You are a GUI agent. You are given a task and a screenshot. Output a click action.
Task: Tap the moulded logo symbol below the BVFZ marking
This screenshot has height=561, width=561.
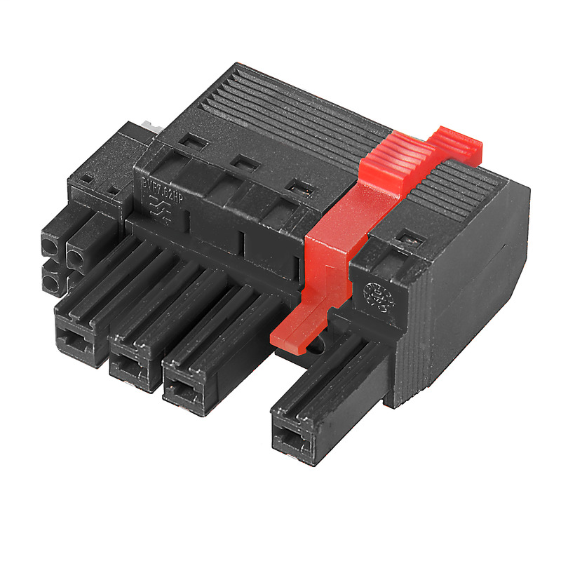click(163, 208)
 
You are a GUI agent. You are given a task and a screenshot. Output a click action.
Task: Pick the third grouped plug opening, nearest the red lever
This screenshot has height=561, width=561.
click(184, 388)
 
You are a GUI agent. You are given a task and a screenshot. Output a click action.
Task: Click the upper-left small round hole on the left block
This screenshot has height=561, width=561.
click(50, 246)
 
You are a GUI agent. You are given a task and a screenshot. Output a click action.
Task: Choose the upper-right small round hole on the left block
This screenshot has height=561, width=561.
click(76, 257)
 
